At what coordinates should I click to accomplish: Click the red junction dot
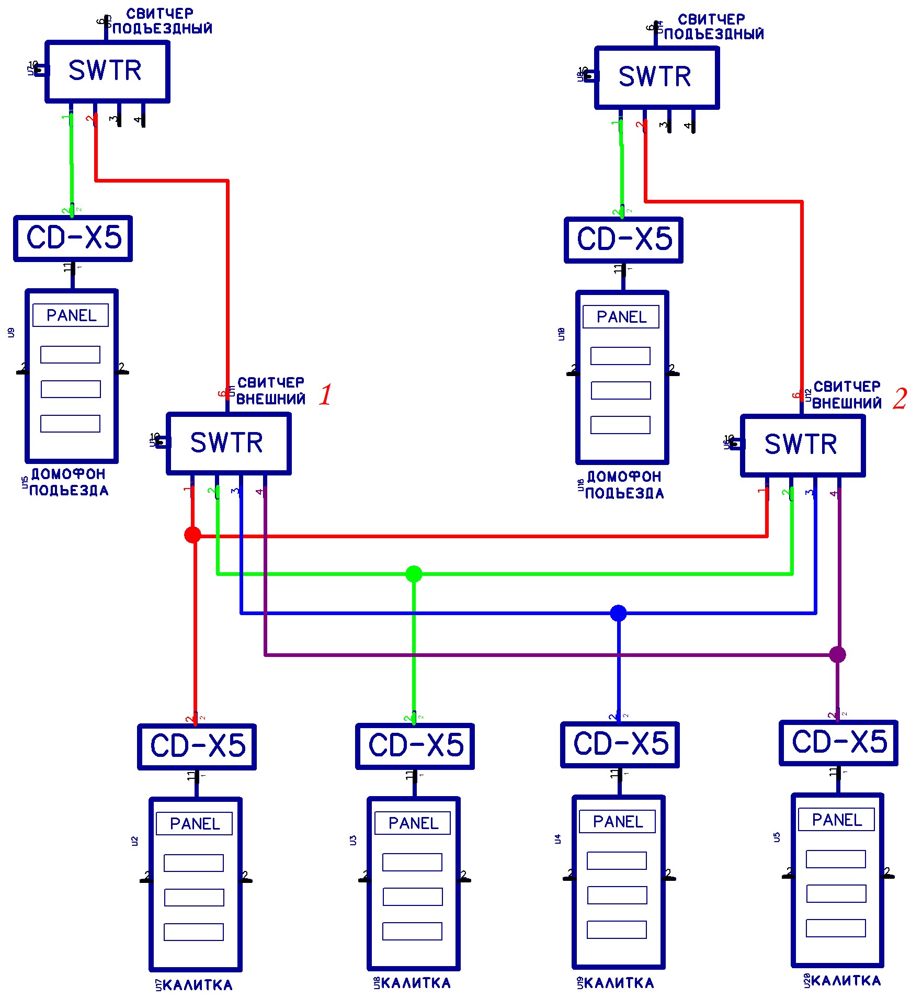[x=192, y=535]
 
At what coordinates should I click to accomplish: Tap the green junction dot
[x=414, y=574]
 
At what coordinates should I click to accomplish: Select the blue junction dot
[x=618, y=613]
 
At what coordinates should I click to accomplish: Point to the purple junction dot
[x=837, y=654]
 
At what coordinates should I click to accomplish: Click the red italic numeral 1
[x=325, y=394]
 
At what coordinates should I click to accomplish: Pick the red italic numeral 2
[x=899, y=399]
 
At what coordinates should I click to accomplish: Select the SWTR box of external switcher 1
[x=228, y=443]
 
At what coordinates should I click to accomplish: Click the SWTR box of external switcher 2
[x=802, y=445]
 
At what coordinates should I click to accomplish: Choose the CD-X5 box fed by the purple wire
[x=838, y=743]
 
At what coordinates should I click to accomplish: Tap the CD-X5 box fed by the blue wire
[x=620, y=744]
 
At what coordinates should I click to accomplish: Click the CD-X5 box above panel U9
[x=73, y=238]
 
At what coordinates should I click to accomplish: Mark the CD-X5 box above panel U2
[x=197, y=746]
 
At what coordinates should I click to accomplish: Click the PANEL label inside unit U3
[x=413, y=823]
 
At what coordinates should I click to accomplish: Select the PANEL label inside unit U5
[x=836, y=820]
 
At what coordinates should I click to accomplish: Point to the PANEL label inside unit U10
[x=621, y=317]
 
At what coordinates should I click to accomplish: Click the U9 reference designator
[x=11, y=333]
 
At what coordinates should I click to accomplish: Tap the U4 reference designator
[x=557, y=839]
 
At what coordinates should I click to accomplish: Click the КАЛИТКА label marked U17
[x=197, y=985]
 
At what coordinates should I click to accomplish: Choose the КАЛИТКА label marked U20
[x=845, y=981]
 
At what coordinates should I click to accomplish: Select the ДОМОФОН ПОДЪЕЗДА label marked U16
[x=624, y=485]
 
